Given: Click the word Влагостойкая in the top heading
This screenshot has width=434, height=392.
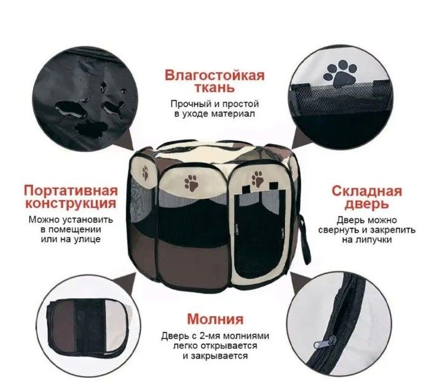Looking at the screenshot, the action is [x=215, y=75].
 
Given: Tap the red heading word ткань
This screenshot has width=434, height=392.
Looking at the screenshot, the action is [x=215, y=87].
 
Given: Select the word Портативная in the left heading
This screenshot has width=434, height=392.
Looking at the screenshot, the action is [x=71, y=191].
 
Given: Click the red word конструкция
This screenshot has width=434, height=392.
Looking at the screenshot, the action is [x=71, y=203].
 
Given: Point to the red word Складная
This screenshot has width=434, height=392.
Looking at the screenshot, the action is [x=367, y=191].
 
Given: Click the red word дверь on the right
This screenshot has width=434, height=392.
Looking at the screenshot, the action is [x=367, y=204].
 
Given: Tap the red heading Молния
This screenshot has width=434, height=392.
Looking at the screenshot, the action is [x=215, y=319].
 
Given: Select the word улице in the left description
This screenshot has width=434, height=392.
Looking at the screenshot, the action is [x=86, y=239].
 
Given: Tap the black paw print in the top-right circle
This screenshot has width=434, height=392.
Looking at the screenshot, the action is [x=340, y=73].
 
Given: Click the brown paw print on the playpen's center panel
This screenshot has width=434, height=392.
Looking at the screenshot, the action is [x=192, y=183].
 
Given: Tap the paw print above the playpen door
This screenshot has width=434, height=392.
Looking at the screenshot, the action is [x=257, y=178].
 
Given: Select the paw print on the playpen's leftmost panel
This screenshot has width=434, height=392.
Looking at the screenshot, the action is [x=145, y=173].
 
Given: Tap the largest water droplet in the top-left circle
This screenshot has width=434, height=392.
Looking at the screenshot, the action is [x=71, y=110].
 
